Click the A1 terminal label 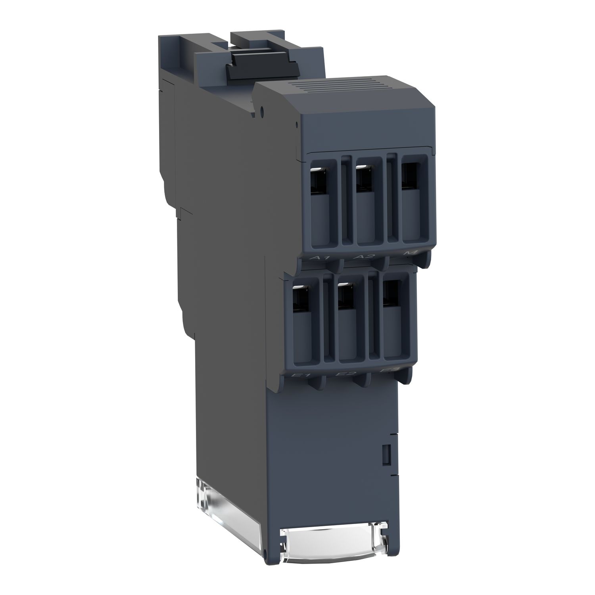click(x=320, y=258)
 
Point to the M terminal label click(x=406, y=253)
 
